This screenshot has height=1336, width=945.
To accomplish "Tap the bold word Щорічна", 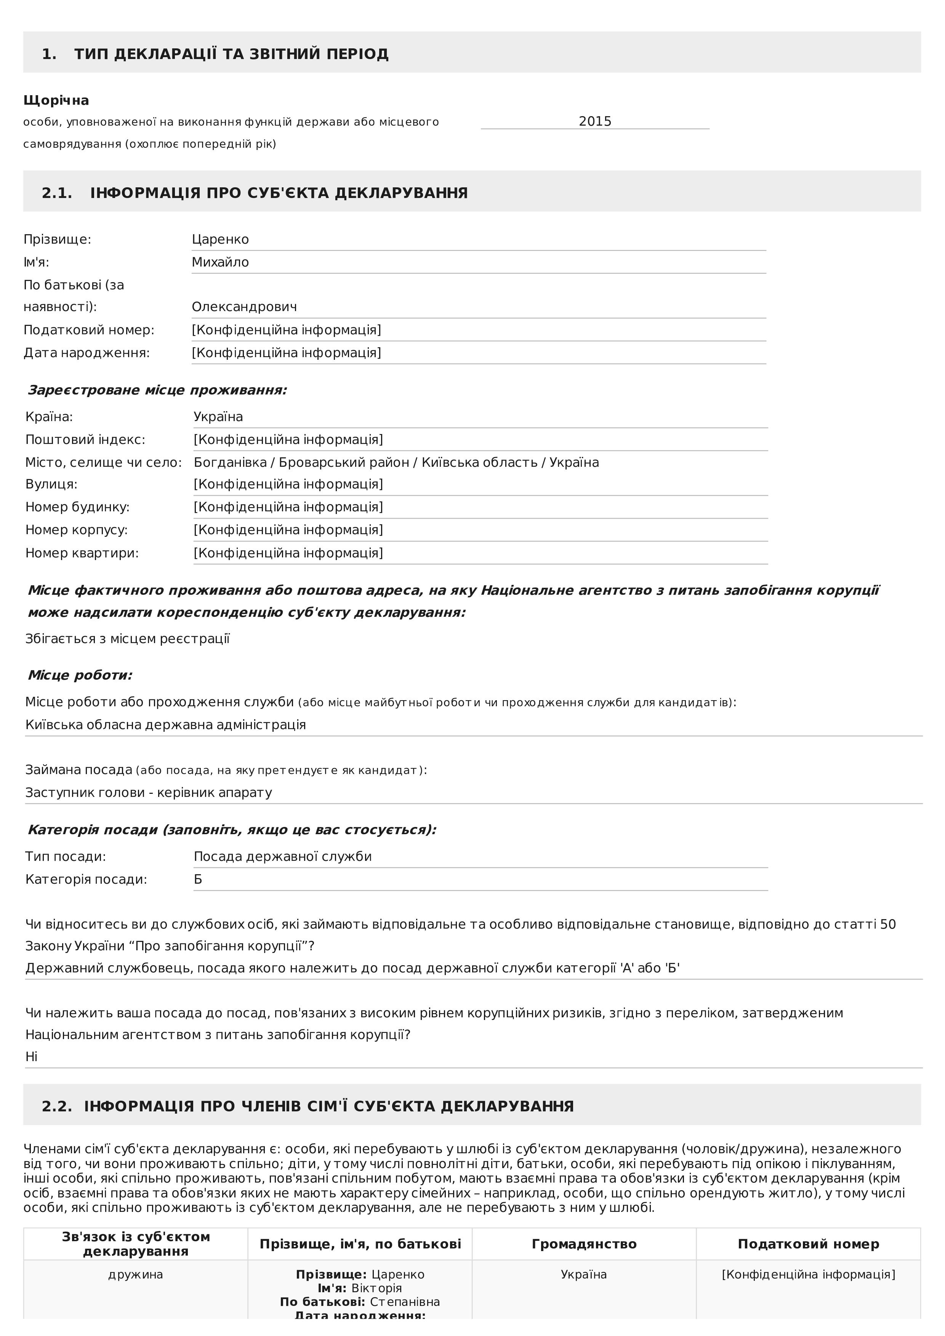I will pyautogui.click(x=56, y=100).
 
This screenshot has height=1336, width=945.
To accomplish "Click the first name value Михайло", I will pyautogui.click(x=220, y=262).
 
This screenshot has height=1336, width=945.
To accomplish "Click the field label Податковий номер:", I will pyautogui.click(x=88, y=330).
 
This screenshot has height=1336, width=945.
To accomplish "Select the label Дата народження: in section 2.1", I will pyautogui.click(x=86, y=353).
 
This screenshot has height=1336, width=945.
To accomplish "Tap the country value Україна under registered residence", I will pyautogui.click(x=218, y=417).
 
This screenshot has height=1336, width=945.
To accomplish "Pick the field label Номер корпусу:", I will pyautogui.click(x=76, y=530).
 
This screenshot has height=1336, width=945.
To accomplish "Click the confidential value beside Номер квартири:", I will pyautogui.click(x=288, y=553).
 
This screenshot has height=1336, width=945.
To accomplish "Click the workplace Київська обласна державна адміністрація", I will pyautogui.click(x=165, y=725).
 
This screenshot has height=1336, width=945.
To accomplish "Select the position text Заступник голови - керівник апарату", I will pyautogui.click(x=149, y=793).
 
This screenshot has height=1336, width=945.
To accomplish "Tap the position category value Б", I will pyautogui.click(x=198, y=879).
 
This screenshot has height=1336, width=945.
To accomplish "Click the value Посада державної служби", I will pyautogui.click(x=282, y=857).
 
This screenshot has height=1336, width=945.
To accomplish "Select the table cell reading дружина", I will pyautogui.click(x=136, y=1274).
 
